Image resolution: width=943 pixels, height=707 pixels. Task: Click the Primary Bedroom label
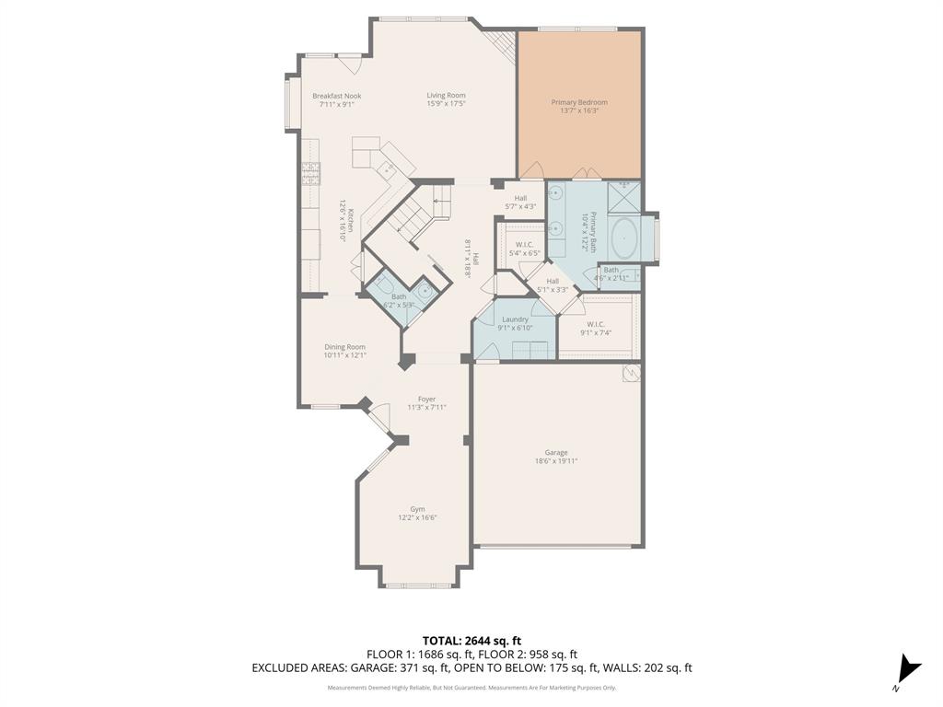[x=579, y=102]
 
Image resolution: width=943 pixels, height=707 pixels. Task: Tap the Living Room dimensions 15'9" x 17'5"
[x=446, y=104]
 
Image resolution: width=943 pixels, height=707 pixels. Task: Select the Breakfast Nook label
[x=336, y=96]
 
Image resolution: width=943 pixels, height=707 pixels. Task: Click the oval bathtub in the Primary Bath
[x=625, y=239]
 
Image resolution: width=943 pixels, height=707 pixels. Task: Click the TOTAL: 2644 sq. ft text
[x=471, y=641]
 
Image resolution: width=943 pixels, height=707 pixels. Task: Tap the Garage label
[x=555, y=452]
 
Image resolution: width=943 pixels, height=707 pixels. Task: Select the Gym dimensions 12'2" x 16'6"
[x=417, y=518]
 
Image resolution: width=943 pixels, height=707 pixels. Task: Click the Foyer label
[x=426, y=399]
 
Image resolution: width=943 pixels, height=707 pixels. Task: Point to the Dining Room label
[x=344, y=347]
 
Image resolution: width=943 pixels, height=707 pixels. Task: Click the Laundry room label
[x=515, y=319]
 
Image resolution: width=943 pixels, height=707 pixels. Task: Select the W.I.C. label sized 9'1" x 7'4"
[x=595, y=324]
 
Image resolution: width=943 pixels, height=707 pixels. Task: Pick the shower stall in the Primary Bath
[x=624, y=196]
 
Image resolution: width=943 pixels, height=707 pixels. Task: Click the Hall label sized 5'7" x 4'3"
[x=521, y=198]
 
